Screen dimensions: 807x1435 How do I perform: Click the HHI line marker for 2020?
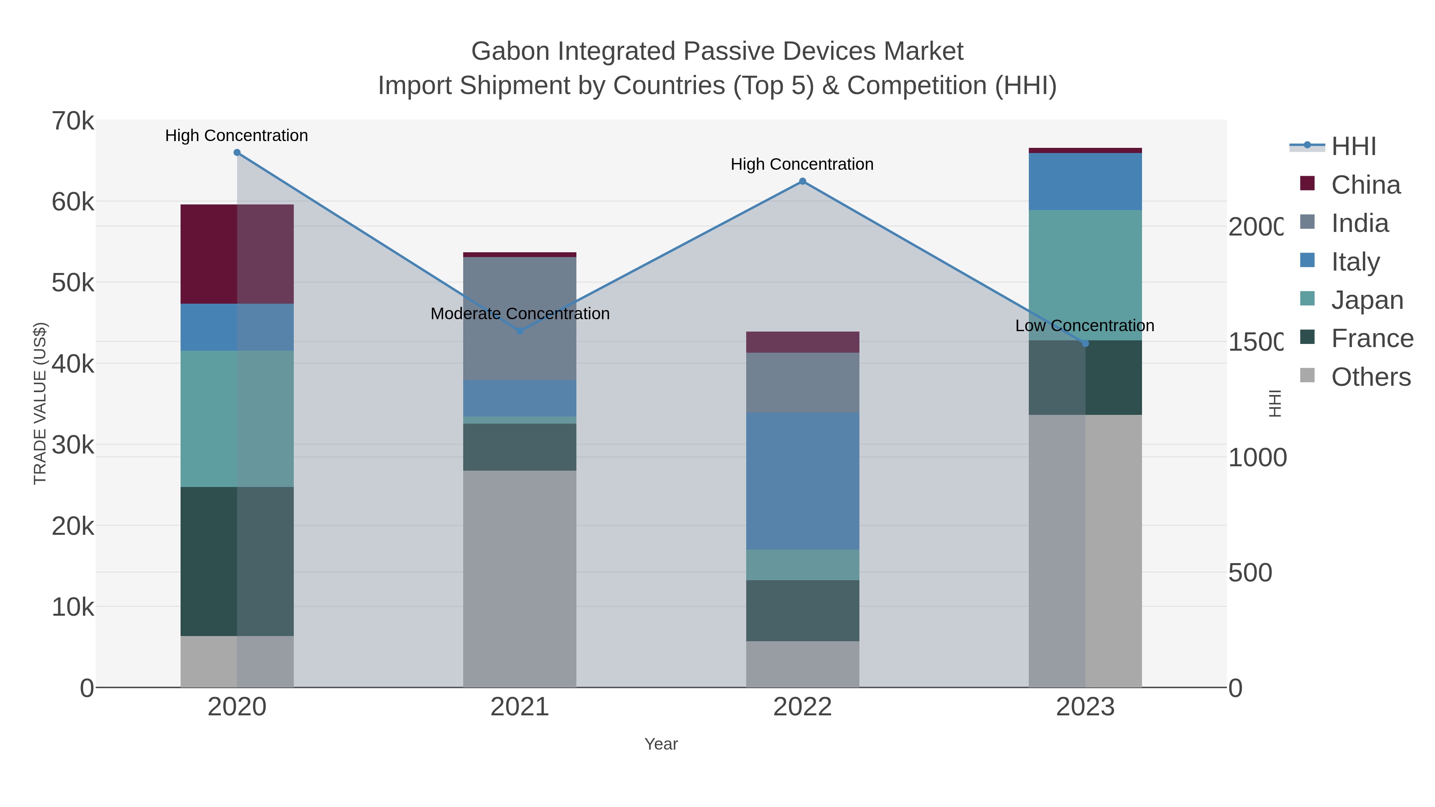(x=237, y=153)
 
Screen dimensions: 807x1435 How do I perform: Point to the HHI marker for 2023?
(x=1085, y=344)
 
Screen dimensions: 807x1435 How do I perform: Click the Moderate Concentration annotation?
(x=520, y=314)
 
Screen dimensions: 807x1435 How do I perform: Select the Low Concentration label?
(x=1084, y=326)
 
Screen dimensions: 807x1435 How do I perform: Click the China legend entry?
(x=1365, y=185)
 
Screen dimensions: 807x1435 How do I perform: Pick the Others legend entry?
(x=1370, y=377)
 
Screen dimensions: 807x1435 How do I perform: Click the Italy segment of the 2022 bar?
(x=802, y=481)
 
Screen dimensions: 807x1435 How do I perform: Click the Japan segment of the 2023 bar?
(x=1085, y=275)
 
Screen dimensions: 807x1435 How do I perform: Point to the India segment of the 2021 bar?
(x=520, y=318)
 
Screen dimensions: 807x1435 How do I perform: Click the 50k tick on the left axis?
(x=73, y=283)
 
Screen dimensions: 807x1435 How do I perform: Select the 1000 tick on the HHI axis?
(x=1257, y=458)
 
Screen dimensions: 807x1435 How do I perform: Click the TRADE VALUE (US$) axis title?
(x=40, y=403)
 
